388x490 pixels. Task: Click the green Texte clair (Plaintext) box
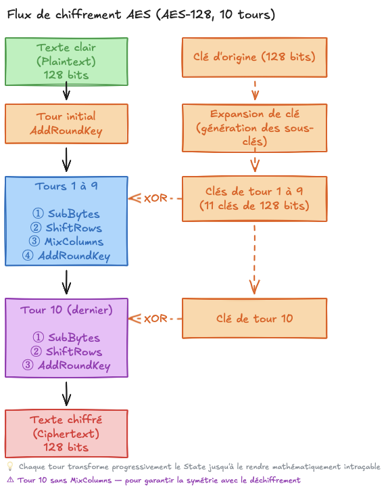66,62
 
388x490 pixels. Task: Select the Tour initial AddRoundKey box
66,124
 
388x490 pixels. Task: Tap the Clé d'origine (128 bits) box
254,58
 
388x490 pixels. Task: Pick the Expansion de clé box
254,128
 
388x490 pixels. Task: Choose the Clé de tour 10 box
254,319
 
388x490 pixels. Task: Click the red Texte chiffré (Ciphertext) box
66,434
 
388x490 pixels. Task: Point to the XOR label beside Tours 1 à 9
155,198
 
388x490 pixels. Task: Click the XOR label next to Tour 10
155,319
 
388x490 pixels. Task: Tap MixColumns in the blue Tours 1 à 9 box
74,242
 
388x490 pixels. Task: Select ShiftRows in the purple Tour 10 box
74,351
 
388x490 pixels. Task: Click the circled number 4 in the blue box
28,255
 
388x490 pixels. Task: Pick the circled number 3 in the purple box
28,365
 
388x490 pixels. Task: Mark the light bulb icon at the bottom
10,466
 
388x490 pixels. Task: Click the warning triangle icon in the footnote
10,480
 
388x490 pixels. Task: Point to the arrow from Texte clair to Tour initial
66,91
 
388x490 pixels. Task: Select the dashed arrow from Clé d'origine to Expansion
255,91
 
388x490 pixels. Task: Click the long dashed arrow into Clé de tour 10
254,260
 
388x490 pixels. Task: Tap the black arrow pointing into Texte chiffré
66,394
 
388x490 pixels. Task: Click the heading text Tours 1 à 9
66,186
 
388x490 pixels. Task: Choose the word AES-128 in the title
187,14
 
